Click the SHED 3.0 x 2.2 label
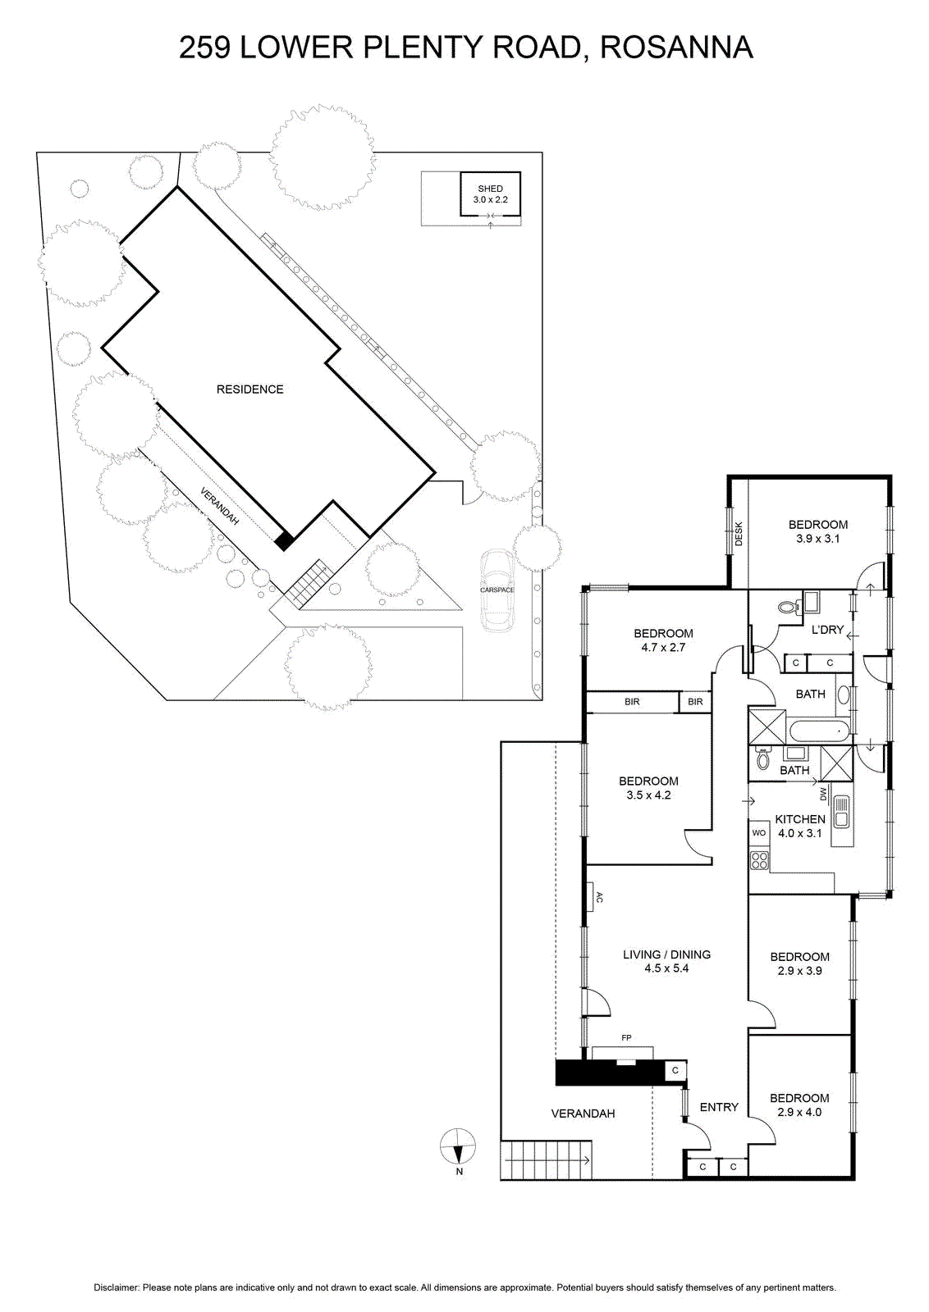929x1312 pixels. (x=490, y=194)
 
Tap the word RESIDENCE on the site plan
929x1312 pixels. (x=249, y=389)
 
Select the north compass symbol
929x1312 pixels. (x=458, y=1146)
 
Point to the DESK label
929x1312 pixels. (x=739, y=534)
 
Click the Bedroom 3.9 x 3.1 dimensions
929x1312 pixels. (x=817, y=539)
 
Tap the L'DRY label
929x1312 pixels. (x=827, y=630)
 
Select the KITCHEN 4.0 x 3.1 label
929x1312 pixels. (x=800, y=827)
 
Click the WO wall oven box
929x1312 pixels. (x=759, y=833)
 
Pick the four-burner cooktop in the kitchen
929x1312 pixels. (x=760, y=860)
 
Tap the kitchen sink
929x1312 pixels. (x=841, y=811)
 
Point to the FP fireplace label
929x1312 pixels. (x=626, y=1038)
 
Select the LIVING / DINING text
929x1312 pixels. (x=666, y=954)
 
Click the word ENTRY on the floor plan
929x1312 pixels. (x=719, y=1108)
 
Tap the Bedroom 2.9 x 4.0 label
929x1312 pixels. (x=799, y=1105)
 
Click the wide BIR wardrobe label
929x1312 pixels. (x=632, y=702)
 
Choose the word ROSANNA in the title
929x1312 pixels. (x=676, y=48)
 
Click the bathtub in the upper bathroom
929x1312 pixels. (x=819, y=731)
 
